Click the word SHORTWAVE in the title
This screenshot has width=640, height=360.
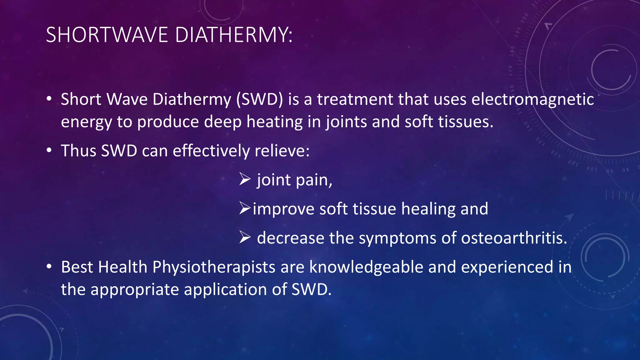click(107, 35)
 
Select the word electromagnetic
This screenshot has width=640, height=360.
click(532, 99)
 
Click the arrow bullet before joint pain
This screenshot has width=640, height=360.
click(245, 179)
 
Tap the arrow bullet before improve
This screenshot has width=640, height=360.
click(245, 208)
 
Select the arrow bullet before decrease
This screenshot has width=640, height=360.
click(245, 237)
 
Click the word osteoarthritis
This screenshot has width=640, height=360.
click(514, 238)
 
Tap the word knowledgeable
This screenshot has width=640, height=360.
click(366, 267)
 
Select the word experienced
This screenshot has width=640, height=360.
click(507, 267)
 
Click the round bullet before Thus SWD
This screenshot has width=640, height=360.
click(49, 150)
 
